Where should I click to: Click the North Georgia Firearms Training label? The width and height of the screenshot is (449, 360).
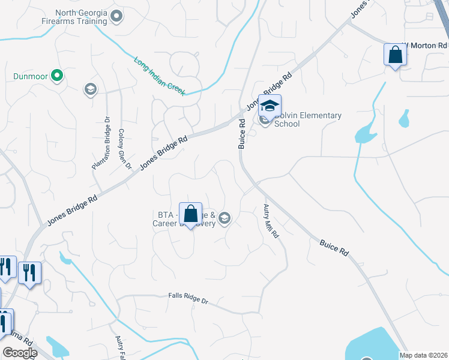(x=81, y=17)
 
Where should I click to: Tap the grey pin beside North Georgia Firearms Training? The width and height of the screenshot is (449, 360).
(x=116, y=16)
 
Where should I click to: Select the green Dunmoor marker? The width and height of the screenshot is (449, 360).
(x=56, y=76)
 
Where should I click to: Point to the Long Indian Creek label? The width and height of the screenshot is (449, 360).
(x=158, y=76)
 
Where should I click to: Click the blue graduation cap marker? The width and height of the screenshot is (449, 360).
(x=270, y=106)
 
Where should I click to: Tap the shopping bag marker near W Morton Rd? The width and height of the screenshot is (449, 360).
(x=396, y=55)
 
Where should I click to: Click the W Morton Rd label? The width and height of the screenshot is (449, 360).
(x=425, y=45)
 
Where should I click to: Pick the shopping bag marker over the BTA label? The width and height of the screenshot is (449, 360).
(x=190, y=214)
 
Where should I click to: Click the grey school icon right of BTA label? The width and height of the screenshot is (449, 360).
(x=225, y=218)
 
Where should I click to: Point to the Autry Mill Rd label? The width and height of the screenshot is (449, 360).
(x=271, y=221)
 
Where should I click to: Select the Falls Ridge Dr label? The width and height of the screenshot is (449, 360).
(x=187, y=300)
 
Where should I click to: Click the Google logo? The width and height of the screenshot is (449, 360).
(x=19, y=353)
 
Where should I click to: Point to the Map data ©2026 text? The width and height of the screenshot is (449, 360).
(x=423, y=355)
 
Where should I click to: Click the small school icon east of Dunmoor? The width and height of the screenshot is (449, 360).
(x=90, y=90)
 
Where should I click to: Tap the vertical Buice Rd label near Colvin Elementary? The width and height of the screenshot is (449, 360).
(x=242, y=133)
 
